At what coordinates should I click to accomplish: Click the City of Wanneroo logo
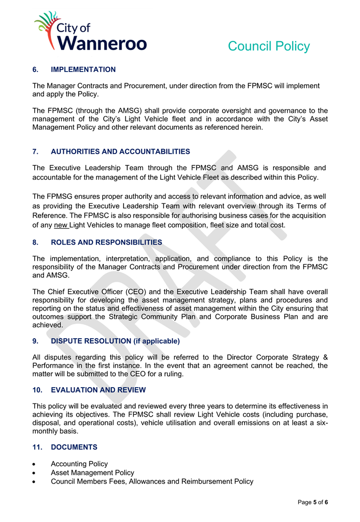coord(90,32)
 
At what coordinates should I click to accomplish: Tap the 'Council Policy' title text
coord(269,46)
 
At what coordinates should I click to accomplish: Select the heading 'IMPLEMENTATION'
coord(83,69)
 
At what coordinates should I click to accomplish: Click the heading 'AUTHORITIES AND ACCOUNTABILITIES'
coord(121,152)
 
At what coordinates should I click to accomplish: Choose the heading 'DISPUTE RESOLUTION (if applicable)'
coord(115,341)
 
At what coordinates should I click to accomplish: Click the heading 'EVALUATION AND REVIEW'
coord(99,390)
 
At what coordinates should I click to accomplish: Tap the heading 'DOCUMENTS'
coord(74,447)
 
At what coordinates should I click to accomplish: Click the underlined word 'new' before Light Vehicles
coord(61,225)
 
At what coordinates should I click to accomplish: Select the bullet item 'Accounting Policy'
coord(79,464)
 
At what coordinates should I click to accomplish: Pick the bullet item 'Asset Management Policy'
coord(92,472)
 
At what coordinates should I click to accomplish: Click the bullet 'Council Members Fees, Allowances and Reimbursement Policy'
coord(152,481)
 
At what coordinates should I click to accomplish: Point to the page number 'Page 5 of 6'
coord(313,503)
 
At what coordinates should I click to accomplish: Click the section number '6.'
coord(35,69)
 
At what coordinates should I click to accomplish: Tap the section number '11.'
coord(37,447)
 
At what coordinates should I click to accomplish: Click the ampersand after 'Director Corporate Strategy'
coord(325,357)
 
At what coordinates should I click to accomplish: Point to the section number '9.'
coord(35,341)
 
